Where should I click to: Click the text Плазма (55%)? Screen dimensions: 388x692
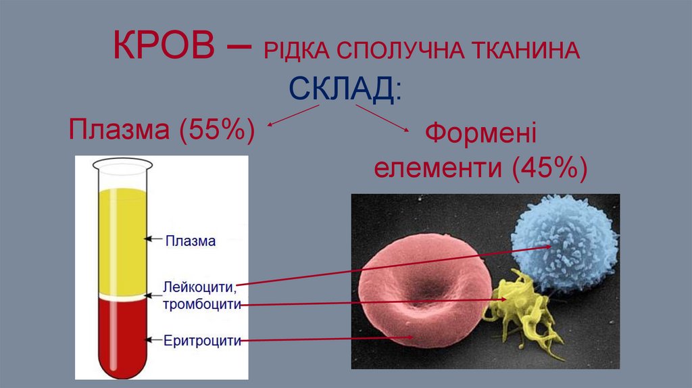pos(162,128)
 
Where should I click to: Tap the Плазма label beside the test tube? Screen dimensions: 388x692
pos(191,240)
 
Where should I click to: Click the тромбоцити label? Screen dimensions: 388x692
pos(201,304)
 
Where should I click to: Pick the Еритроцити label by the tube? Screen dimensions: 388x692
pos(202,340)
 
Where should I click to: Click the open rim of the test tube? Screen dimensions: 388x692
pos(122,163)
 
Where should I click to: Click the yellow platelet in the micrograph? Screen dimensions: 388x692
pos(517,308)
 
